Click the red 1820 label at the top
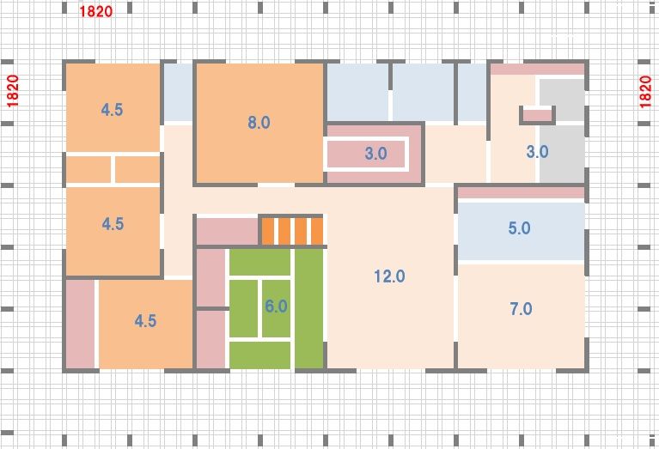pos(96,11)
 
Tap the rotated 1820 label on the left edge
pos(13,91)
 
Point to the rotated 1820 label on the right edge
pos(645,92)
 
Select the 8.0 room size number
pos(259,122)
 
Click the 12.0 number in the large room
pos(389,276)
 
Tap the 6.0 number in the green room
pos(276,306)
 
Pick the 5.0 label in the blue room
pos(519,228)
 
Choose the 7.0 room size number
pos(521,309)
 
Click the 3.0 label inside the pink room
pos(375,154)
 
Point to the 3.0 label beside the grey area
pos(537,151)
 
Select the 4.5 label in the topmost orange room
pos(112,110)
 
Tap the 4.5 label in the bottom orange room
pos(145,321)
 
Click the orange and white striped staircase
pos(292,231)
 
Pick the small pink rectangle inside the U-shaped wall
pos(537,115)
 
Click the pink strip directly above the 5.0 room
pos(522,193)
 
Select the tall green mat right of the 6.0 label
pos(309,309)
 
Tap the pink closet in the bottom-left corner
pos(80,325)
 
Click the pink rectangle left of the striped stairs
pos(228,231)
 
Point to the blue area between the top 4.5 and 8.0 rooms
pos(178,93)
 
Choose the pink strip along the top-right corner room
pos(538,70)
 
